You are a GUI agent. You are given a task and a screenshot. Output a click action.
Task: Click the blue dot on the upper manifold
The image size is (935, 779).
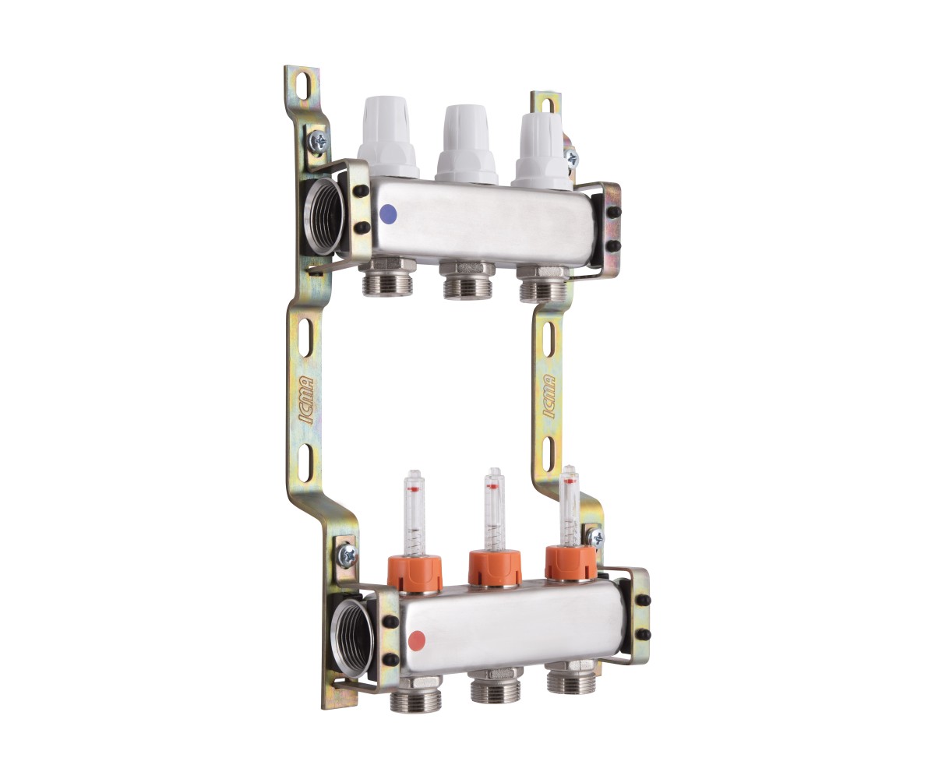pyautogui.click(x=388, y=214)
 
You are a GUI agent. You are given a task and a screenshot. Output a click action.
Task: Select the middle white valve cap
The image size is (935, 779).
pyautogui.click(x=466, y=145)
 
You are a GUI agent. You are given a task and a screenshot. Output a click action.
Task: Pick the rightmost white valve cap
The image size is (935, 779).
pyautogui.click(x=542, y=151)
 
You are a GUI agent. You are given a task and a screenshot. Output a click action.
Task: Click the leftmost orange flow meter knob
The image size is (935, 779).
pyautogui.click(x=415, y=573)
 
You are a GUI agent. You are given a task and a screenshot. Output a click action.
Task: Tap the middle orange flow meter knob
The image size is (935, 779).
pyautogui.click(x=496, y=568)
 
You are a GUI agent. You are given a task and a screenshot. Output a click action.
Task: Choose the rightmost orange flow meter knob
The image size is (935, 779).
pyautogui.click(x=571, y=563)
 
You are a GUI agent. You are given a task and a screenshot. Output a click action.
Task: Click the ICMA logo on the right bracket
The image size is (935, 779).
pyautogui.click(x=549, y=397)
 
